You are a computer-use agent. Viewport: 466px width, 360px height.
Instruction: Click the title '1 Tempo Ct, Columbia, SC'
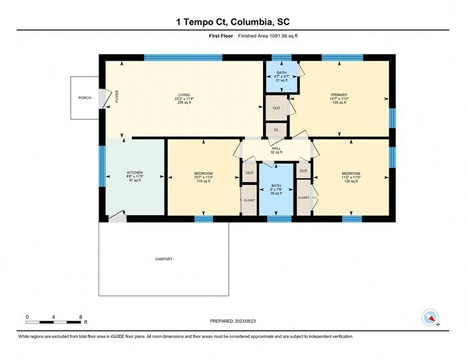(x=232, y=22)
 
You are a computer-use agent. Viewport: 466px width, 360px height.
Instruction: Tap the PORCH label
(x=85, y=98)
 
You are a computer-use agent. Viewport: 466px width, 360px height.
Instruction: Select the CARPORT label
(x=164, y=259)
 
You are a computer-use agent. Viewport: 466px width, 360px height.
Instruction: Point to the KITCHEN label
(x=135, y=173)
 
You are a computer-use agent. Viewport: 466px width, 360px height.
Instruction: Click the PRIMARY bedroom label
(x=340, y=94)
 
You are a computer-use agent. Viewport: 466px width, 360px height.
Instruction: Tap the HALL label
(x=276, y=148)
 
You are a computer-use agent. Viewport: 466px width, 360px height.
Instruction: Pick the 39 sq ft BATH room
(x=275, y=188)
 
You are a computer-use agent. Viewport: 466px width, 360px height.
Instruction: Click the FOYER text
(x=116, y=97)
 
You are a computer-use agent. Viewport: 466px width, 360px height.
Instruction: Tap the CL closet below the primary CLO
(x=276, y=129)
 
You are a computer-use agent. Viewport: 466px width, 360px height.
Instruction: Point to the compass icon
(x=430, y=316)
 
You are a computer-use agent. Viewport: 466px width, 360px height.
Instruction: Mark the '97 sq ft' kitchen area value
(x=135, y=181)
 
